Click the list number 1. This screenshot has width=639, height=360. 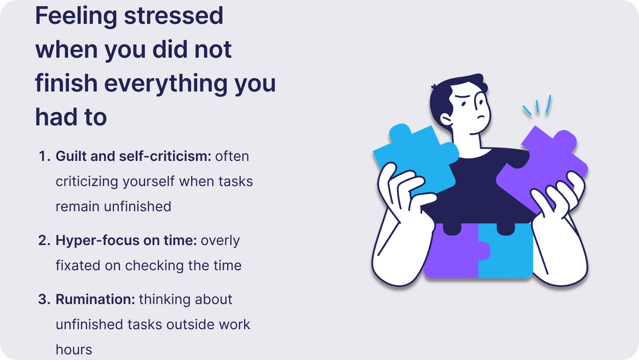45,156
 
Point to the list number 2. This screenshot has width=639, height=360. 45,240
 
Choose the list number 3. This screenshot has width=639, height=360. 45,299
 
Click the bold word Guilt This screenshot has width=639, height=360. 71,156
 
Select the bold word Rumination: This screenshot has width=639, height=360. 95,299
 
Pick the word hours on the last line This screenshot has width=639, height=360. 74,350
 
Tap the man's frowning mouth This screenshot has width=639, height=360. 481,117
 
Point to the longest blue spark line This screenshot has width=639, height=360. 548,104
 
